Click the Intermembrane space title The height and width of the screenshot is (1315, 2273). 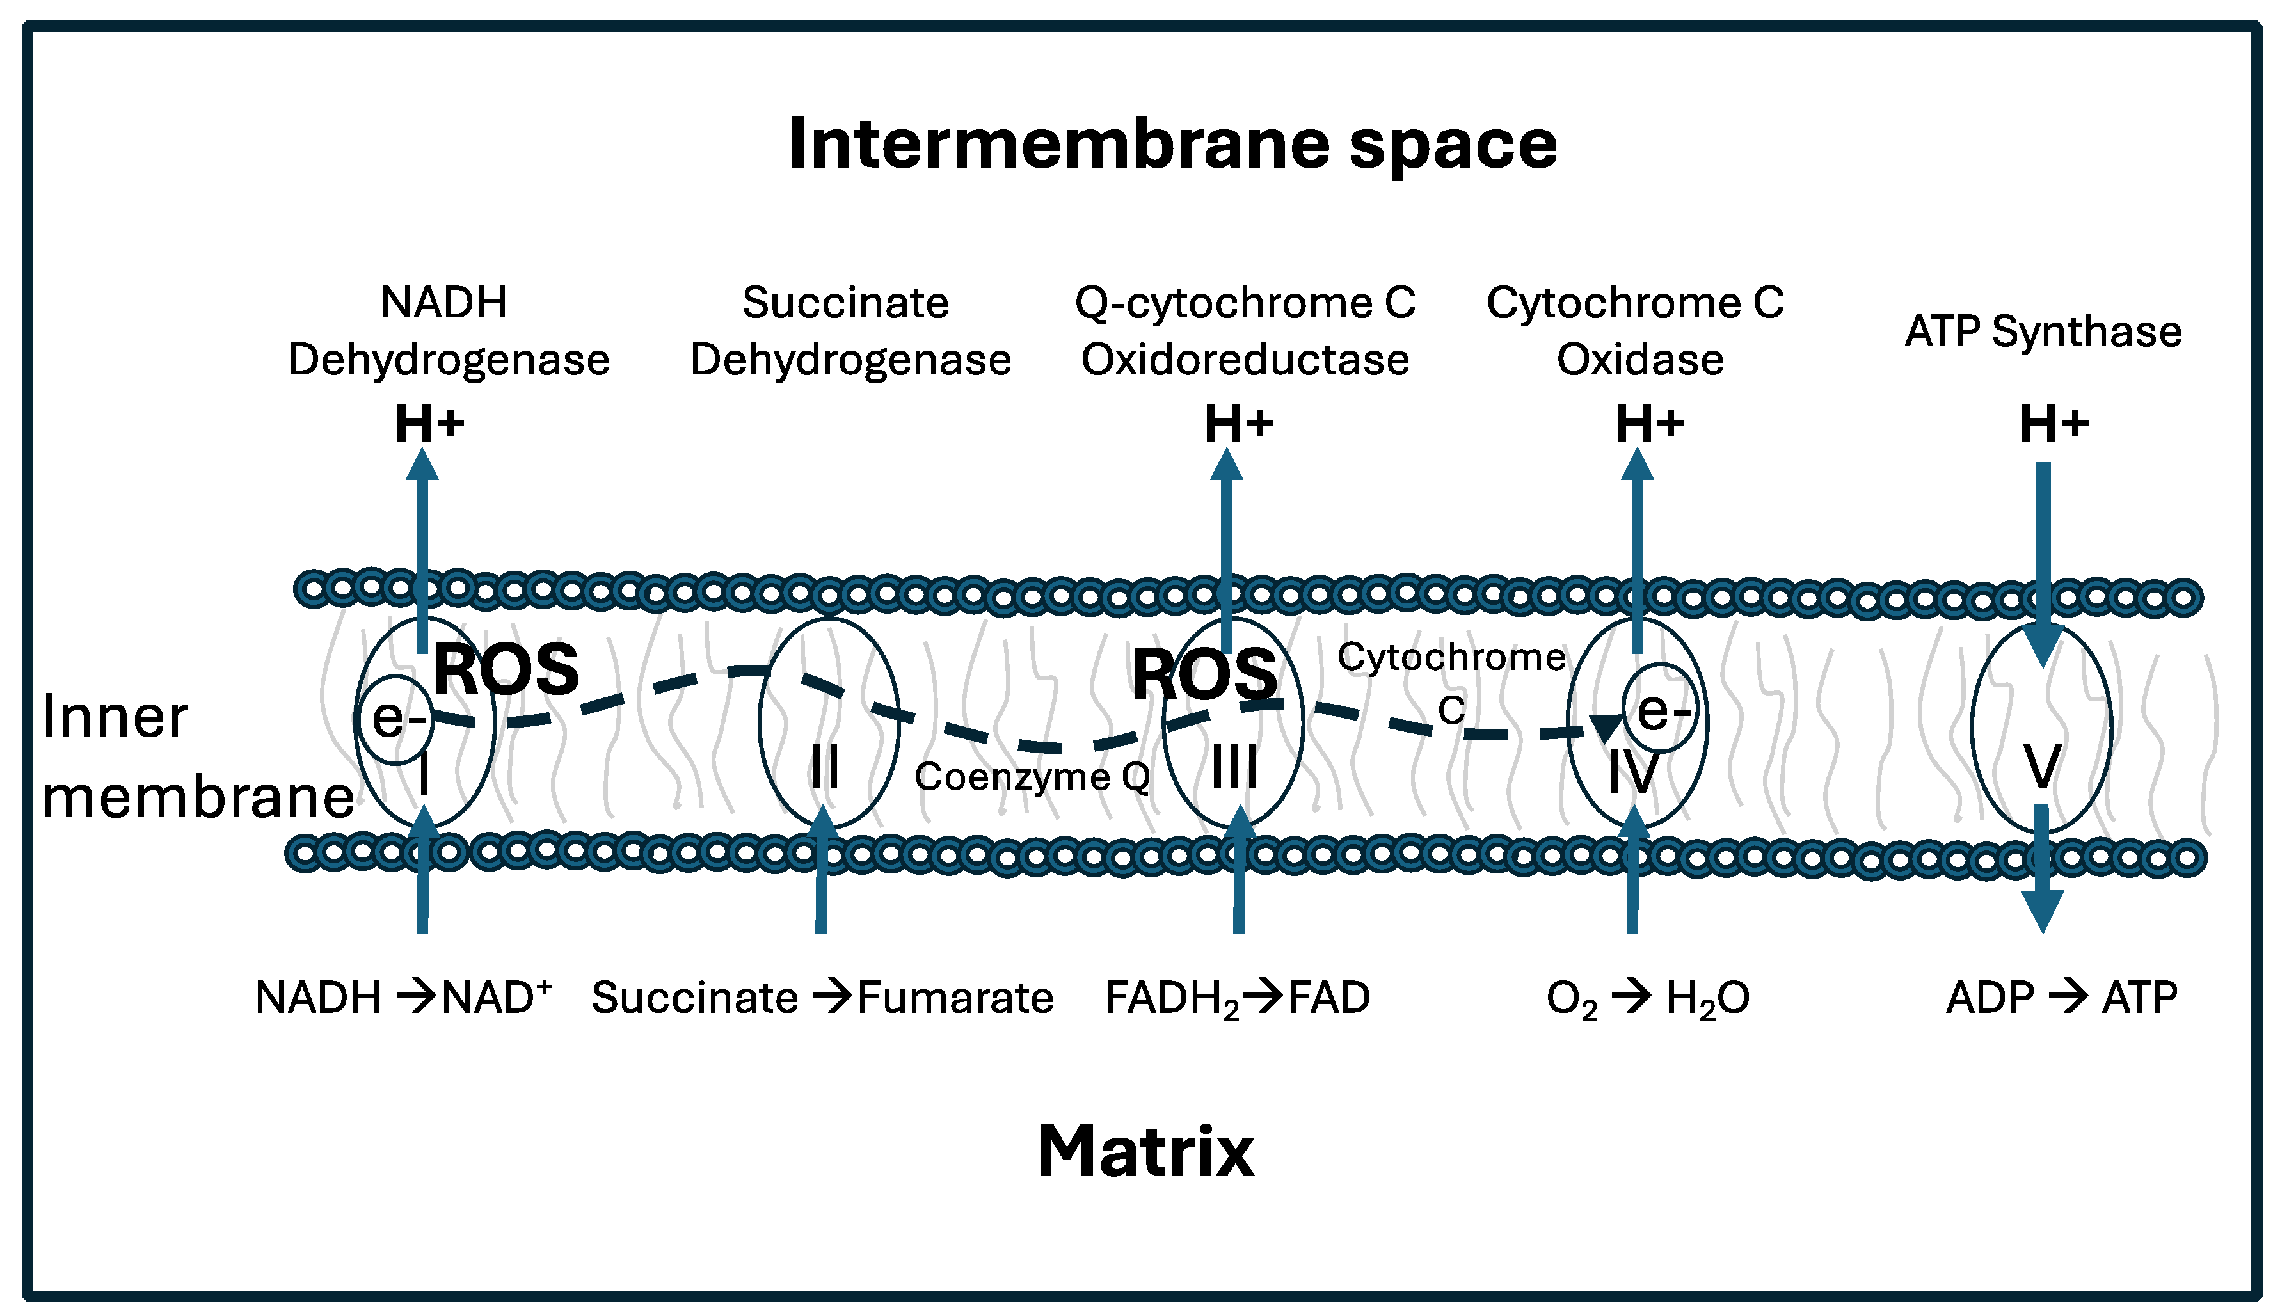click(1172, 145)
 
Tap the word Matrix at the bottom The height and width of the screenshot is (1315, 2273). click(1145, 1152)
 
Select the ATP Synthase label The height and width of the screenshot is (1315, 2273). click(2043, 331)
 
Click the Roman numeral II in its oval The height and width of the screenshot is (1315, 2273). click(824, 769)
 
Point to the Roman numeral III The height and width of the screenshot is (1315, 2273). click(1233, 769)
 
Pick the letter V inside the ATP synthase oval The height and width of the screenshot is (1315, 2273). click(2042, 767)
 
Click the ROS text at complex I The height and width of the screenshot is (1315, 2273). click(506, 670)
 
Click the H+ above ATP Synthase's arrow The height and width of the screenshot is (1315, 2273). click(2054, 424)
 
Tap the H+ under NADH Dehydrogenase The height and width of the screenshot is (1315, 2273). click(429, 424)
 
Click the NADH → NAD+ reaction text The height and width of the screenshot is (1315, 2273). click(403, 998)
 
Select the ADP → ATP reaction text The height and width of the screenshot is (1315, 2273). click(2062, 998)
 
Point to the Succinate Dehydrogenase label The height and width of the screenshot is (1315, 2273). click(850, 331)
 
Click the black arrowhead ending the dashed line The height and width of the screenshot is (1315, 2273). click(1606, 727)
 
